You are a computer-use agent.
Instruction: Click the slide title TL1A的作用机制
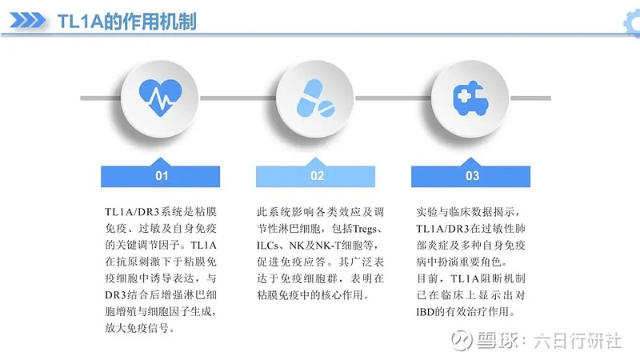click(128, 22)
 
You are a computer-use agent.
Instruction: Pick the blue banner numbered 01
click(162, 175)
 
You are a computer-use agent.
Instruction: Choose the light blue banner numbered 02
click(317, 175)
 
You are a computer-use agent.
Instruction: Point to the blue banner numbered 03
click(472, 175)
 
